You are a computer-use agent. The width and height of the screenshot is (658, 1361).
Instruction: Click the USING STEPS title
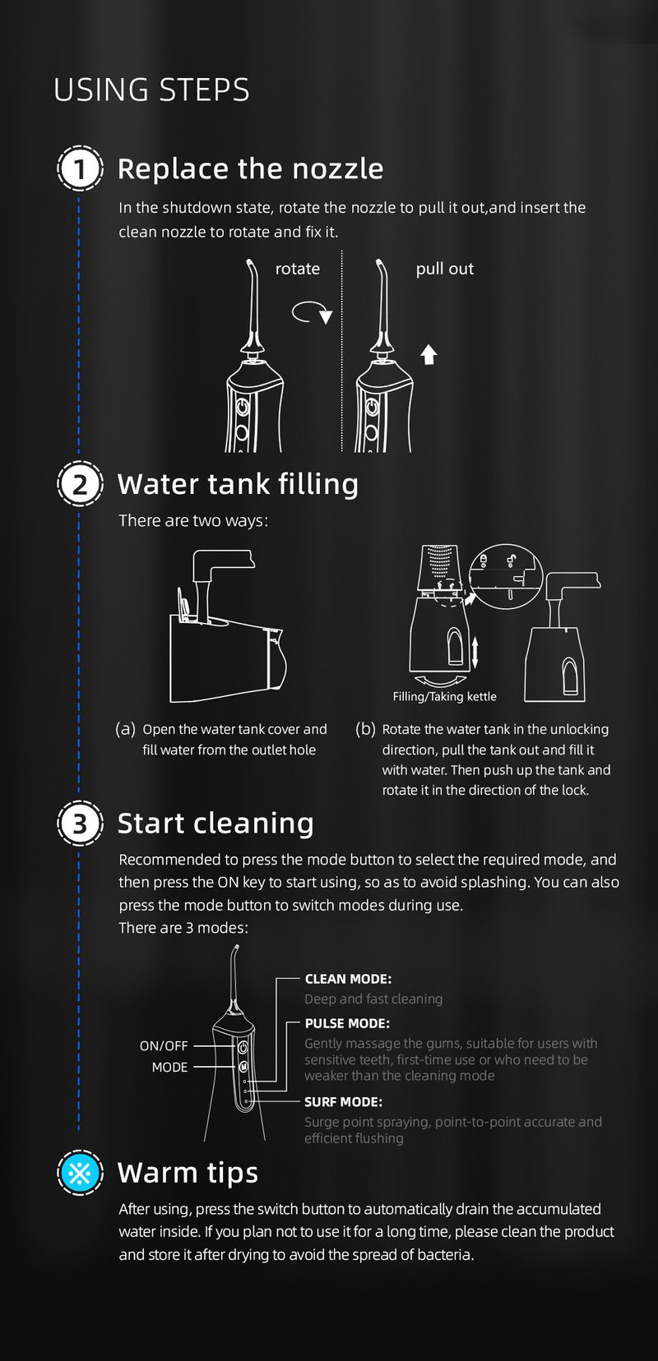coord(151,90)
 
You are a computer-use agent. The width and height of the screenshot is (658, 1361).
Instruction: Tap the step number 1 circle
coord(80,168)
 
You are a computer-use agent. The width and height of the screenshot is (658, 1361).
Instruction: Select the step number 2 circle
coord(80,484)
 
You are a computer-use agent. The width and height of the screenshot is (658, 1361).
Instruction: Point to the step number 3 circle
coord(80,824)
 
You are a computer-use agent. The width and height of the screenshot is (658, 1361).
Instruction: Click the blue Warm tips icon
coord(80,1172)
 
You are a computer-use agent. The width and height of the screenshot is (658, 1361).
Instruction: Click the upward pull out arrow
coord(429,354)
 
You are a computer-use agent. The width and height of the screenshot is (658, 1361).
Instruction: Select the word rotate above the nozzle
coord(298,269)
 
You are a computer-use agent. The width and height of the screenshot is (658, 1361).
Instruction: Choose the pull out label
coord(444,269)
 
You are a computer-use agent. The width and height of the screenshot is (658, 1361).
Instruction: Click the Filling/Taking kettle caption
coord(444,696)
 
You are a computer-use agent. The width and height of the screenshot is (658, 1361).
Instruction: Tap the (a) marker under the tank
coord(125,729)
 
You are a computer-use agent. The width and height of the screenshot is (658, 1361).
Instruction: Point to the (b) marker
coord(365,729)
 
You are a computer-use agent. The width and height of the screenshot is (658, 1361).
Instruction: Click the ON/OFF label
coord(164,1045)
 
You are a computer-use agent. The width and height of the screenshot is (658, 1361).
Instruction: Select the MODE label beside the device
coord(169,1067)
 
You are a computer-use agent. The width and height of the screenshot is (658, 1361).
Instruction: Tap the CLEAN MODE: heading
coord(348,979)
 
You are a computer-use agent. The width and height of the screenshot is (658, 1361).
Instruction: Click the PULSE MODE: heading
coord(347,1023)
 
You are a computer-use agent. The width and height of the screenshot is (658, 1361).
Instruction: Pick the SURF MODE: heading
coord(344,1101)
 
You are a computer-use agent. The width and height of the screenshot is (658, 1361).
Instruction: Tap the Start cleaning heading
coord(215,824)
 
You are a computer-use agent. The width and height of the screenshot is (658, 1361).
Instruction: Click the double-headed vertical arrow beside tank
coord(475,653)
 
